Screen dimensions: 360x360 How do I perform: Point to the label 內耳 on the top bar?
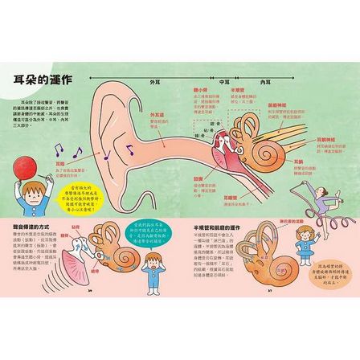264,81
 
